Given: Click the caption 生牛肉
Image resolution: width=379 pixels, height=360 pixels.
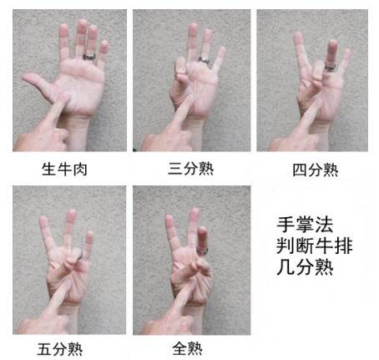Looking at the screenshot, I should [x=65, y=170].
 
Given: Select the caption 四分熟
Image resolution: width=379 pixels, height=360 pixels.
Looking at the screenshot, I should [x=316, y=170].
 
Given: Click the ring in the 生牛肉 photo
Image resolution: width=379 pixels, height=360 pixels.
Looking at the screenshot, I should [x=89, y=57].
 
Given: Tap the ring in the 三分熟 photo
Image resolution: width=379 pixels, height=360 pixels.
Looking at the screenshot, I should [x=203, y=60].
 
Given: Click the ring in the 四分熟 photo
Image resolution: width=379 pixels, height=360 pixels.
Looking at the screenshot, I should [x=331, y=63].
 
